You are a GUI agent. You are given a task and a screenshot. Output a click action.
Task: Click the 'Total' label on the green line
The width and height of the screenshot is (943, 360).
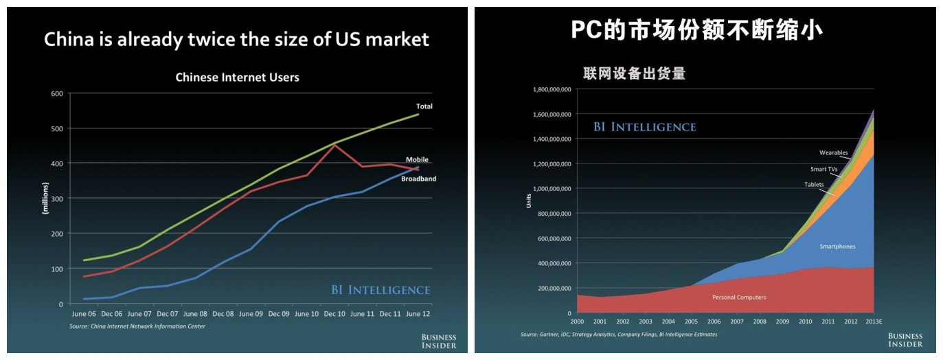point(424,106)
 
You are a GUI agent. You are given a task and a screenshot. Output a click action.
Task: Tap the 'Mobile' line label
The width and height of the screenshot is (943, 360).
point(417,160)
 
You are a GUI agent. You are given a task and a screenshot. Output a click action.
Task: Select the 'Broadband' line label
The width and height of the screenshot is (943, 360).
point(418,179)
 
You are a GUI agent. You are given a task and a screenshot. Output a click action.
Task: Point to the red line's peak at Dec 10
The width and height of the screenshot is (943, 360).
point(334,144)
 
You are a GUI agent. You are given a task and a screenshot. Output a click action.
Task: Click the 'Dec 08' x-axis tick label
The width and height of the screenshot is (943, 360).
point(223,314)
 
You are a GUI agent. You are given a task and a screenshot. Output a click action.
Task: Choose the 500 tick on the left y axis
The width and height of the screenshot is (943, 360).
point(57,128)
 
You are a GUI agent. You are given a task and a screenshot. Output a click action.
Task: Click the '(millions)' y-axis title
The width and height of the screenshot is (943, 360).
point(45,199)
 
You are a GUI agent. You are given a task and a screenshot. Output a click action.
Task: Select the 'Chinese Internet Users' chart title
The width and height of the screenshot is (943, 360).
point(237,78)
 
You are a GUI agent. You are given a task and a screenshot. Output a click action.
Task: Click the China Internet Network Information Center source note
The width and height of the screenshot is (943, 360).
point(137,326)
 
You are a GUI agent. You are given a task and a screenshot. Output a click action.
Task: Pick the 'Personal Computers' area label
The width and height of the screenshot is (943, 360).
point(738,297)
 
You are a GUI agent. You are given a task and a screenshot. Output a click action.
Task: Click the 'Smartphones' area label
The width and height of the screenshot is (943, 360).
point(837,246)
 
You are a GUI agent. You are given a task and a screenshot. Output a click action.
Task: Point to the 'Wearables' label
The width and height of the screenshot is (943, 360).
point(833,153)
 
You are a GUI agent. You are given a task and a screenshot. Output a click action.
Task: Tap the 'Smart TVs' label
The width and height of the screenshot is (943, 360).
point(824,168)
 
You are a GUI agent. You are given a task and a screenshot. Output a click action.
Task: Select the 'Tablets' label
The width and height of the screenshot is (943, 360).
point(814,184)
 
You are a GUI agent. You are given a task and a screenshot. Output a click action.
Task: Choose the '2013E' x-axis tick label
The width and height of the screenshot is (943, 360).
point(873,321)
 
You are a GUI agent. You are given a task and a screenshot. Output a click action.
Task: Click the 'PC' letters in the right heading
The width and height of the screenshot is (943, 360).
point(586,30)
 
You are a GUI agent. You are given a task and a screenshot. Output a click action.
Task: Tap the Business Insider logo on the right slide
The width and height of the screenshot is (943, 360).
point(905,339)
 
